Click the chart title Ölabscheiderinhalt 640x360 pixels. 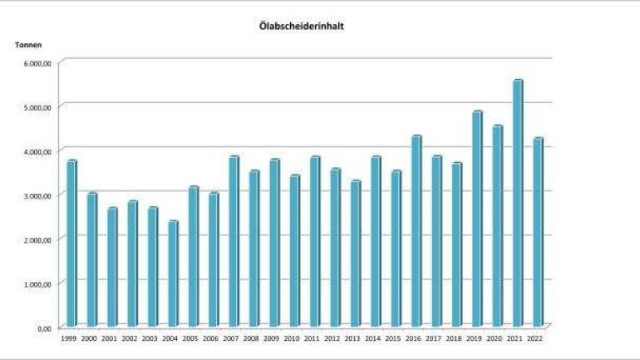point(302,26)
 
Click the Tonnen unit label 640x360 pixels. point(28,44)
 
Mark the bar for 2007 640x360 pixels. point(234,240)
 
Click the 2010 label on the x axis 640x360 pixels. point(292,339)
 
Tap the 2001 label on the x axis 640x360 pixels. point(110,339)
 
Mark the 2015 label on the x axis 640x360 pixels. point(392,339)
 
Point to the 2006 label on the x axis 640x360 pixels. point(210,339)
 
